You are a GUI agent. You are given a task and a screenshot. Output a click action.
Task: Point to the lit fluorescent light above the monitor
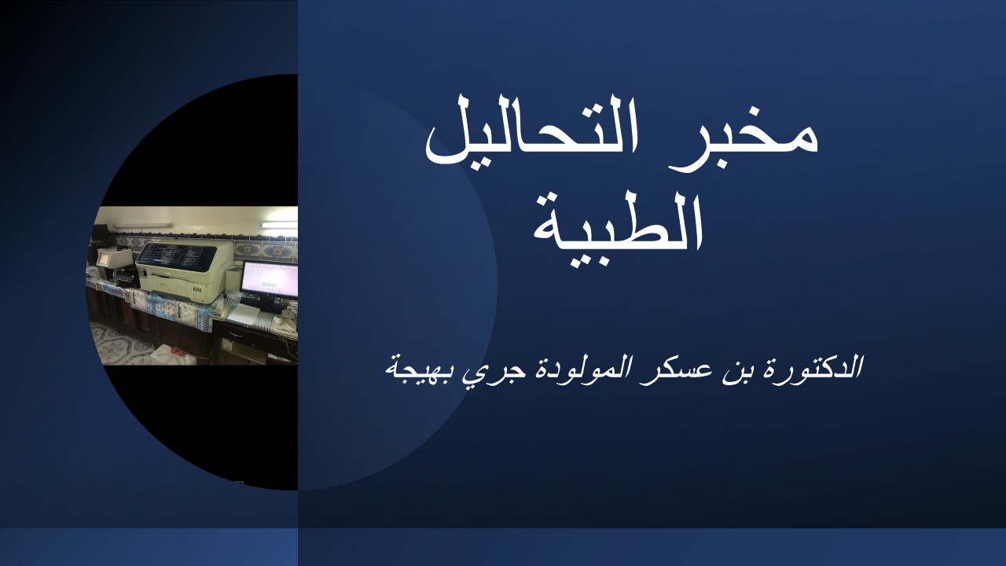coord(279,225)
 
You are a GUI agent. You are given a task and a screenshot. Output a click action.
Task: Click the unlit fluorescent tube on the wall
coord(142,226)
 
